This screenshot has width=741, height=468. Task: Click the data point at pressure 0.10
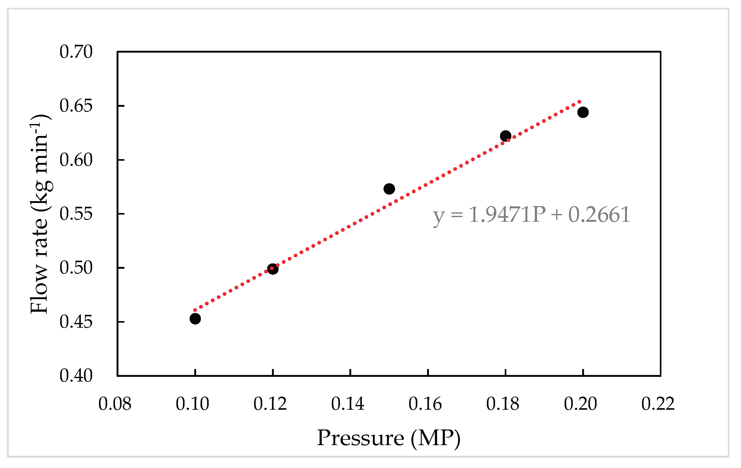point(195,319)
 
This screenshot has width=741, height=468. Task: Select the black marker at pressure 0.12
point(273,269)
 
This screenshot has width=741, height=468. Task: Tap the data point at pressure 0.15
point(389,189)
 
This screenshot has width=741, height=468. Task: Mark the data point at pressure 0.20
point(583,112)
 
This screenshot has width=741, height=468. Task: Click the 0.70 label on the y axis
point(76,52)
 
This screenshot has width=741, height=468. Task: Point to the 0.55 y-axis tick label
point(76,214)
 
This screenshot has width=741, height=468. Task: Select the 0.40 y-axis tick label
point(76,376)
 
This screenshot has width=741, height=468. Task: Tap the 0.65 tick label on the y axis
point(76,106)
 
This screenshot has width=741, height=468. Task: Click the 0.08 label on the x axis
point(115,404)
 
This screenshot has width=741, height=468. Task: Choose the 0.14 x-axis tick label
point(348,404)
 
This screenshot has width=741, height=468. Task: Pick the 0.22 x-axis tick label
point(658,404)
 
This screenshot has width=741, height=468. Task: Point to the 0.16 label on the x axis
point(425,404)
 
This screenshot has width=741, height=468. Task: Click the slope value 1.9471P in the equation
point(507,215)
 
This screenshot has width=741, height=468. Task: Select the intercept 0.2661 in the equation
point(599,215)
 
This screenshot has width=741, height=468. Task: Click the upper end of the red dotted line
point(580,102)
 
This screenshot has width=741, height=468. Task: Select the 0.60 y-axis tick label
point(76,160)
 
